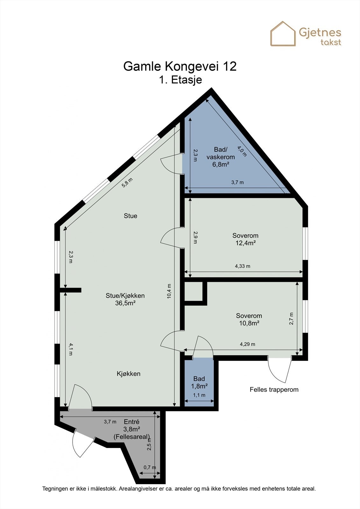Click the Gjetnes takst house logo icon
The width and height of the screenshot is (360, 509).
pyautogui.click(x=283, y=34)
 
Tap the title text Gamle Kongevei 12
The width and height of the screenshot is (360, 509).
pyautogui.click(x=180, y=66)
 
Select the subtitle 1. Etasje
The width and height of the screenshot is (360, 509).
pyautogui.click(x=180, y=80)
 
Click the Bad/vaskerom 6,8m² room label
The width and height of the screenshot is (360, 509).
pyautogui.click(x=221, y=157)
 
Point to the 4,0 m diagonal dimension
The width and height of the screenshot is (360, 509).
pyautogui.click(x=242, y=151)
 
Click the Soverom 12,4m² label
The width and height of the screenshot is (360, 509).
pyautogui.click(x=245, y=239)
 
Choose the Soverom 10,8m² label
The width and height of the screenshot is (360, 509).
pyautogui.click(x=249, y=319)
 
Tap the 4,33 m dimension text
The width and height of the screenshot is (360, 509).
pyautogui.click(x=243, y=266)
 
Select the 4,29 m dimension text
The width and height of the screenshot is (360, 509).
pyautogui.click(x=247, y=344)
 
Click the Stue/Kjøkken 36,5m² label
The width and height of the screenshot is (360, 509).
pyautogui.click(x=125, y=299)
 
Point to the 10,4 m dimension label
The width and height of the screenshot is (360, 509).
pyautogui.click(x=169, y=291)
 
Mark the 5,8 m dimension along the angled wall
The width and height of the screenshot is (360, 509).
pyautogui.click(x=127, y=183)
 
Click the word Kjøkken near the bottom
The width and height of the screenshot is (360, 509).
pyautogui.click(x=129, y=374)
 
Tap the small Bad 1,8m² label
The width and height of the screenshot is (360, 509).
pyautogui.click(x=199, y=382)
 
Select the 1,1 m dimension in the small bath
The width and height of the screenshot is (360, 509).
pyautogui.click(x=199, y=395)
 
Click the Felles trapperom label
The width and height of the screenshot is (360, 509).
pyautogui.click(x=274, y=390)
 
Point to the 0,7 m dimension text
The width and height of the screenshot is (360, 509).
pyautogui.click(x=150, y=467)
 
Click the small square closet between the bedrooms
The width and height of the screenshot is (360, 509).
pyautogui.click(x=193, y=291)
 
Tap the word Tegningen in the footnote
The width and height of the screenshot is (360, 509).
pyautogui.click(x=55, y=489)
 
